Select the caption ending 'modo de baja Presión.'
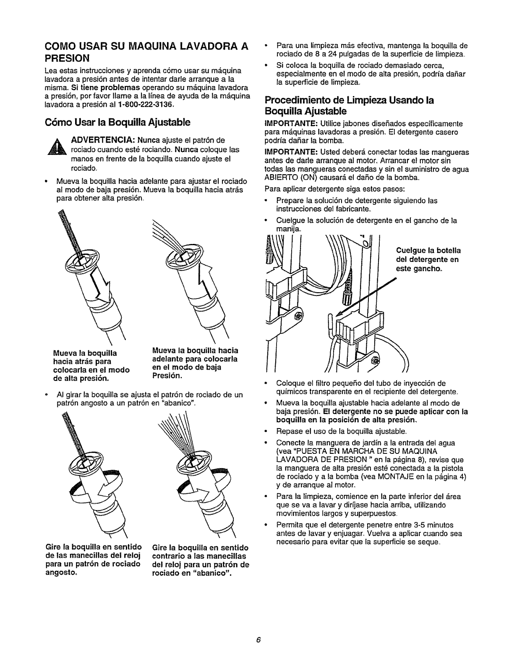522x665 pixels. pyautogui.click(x=194, y=363)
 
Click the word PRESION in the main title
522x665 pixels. pyautogui.click(x=69, y=56)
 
